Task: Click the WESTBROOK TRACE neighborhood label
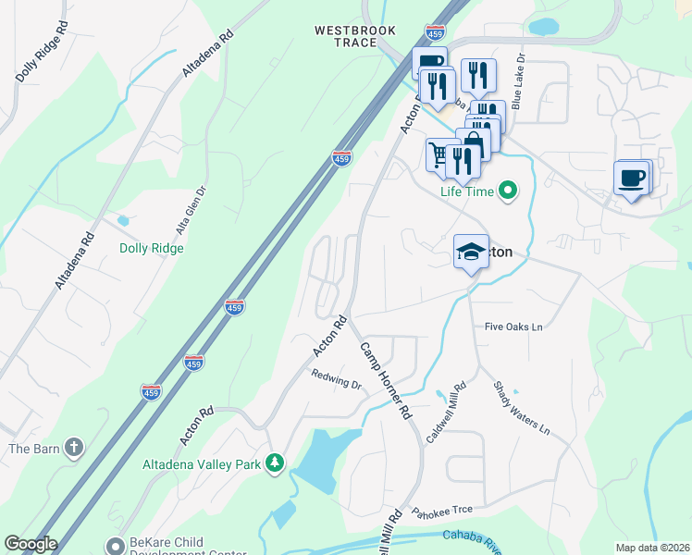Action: [x=355, y=38]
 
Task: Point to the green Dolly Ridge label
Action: [x=152, y=248]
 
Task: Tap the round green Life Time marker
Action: [x=507, y=191]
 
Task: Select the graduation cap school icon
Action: [x=470, y=252]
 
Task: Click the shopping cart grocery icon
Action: [x=440, y=154]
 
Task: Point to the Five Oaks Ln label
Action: [x=513, y=327]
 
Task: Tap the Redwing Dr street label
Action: [x=335, y=379]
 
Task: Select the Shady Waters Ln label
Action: [x=521, y=408]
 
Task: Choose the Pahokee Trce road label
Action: [x=442, y=511]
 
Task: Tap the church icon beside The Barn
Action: [x=74, y=450]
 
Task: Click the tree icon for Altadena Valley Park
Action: [x=274, y=462]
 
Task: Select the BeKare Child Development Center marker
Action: [x=115, y=546]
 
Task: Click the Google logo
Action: [x=31, y=544]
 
